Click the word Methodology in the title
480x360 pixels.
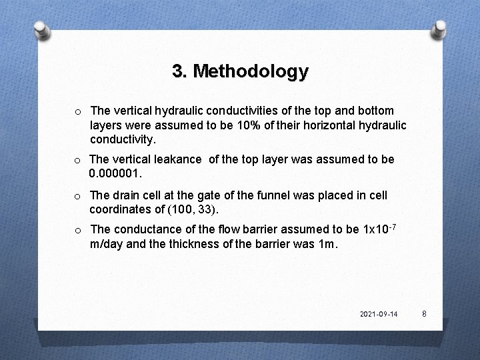coord(250,71)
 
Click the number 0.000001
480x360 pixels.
coord(116,174)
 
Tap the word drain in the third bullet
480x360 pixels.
coord(125,196)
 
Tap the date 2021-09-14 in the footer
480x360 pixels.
coord(378,313)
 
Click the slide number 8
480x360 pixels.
coord(423,313)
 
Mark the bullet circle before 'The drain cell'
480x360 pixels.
coord(78,197)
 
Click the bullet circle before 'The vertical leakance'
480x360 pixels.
coord(78,160)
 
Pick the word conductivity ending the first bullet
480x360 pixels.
coord(123,141)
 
